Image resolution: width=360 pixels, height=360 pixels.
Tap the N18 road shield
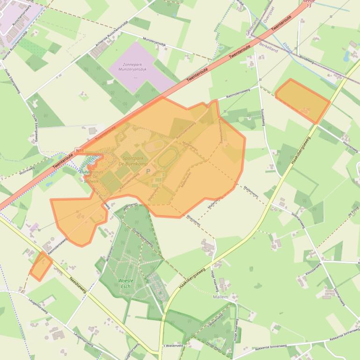(78, 150)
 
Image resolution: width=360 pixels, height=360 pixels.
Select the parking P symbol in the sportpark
(149, 172)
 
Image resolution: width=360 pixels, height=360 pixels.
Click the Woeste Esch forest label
(126, 283)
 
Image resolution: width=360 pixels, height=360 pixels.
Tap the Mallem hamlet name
(220, 297)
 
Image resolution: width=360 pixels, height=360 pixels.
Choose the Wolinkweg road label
(27, 169)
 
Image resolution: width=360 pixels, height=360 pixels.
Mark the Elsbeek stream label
(287, 48)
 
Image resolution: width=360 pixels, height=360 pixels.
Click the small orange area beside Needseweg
(41, 266)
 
